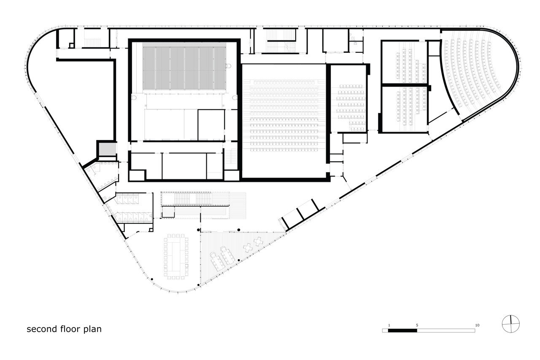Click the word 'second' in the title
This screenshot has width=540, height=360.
(42, 329)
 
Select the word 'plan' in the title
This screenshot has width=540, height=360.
(92, 329)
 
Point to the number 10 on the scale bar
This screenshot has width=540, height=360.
(477, 325)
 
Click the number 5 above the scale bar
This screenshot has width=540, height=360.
(417, 325)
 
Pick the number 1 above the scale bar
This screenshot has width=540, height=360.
(389, 325)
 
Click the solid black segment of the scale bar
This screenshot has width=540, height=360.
(402, 330)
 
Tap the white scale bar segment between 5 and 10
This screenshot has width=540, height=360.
(446, 330)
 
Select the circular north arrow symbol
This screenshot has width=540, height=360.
(510, 324)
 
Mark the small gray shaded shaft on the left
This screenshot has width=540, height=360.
(107, 149)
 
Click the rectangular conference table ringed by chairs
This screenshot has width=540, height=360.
(176, 257)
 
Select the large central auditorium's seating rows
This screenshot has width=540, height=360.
(284, 116)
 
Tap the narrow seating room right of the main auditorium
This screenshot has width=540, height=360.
(350, 107)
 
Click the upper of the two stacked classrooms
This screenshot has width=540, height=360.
(405, 63)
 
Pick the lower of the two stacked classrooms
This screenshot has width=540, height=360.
(405, 109)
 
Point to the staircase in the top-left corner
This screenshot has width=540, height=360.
(92, 42)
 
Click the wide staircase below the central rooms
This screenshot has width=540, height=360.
(204, 206)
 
